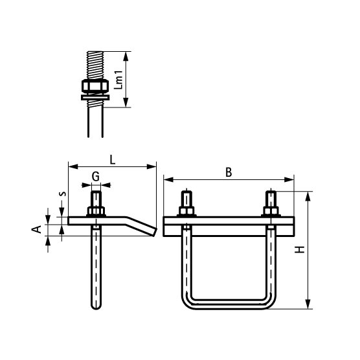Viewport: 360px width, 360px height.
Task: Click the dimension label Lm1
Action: [x=118, y=80]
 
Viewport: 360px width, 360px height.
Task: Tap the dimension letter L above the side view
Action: [x=112, y=160]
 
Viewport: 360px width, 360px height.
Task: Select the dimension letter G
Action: [x=96, y=177]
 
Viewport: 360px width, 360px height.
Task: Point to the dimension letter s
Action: [x=62, y=194]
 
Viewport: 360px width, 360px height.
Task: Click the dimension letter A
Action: [x=36, y=229]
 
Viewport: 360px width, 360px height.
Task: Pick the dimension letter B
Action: [x=229, y=172]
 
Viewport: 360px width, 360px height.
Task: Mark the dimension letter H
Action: [x=300, y=249]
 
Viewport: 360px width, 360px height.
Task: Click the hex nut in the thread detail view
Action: [x=95, y=86]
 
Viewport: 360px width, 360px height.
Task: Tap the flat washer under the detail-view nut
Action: [x=95, y=97]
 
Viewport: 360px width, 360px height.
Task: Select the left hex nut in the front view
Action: [x=186, y=211]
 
